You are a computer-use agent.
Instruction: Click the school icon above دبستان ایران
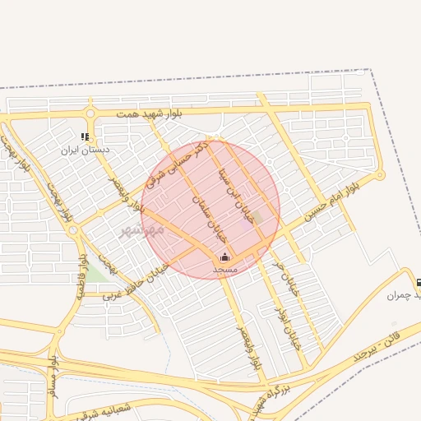pyautogui.click(x=85, y=137)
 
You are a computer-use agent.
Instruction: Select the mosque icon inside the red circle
pyautogui.click(x=224, y=257)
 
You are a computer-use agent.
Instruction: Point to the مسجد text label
pyautogui.click(x=224, y=269)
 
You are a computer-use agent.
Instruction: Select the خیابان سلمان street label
pyautogui.click(x=207, y=212)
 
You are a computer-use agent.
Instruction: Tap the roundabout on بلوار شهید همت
pyautogui.click(x=88, y=114)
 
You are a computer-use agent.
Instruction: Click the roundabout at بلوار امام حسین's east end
pyautogui.click(x=379, y=175)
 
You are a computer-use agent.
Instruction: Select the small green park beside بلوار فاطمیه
pyautogui.click(x=96, y=274)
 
